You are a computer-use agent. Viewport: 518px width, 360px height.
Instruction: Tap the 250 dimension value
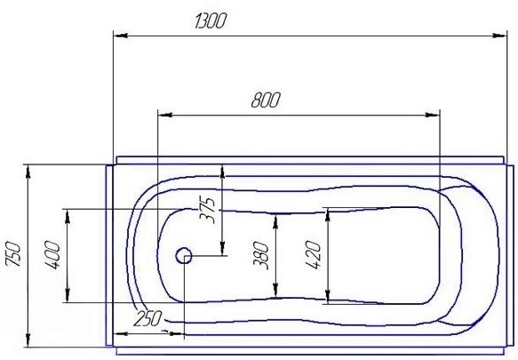tap(147, 317)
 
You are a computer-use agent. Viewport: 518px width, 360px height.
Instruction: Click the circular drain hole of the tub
tap(184, 256)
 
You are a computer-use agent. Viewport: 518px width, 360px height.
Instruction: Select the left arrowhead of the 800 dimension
tap(163, 115)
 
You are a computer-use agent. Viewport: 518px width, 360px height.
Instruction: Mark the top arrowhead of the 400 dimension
tap(65, 213)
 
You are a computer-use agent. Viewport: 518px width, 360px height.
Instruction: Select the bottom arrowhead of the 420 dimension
tap(328, 298)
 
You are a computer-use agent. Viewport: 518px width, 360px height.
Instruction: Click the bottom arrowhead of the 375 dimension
tap(223, 250)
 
